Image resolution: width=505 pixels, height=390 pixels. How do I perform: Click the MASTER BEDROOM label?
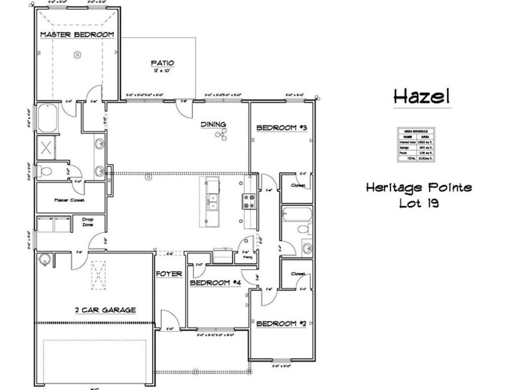(76, 35)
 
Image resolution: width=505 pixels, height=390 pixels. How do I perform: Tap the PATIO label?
(162, 63)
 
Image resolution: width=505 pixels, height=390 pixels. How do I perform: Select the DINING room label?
(213, 124)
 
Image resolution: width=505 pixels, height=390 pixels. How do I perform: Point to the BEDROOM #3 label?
(282, 128)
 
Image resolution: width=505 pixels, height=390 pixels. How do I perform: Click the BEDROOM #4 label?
(216, 283)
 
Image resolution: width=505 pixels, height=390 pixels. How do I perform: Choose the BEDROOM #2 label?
(282, 323)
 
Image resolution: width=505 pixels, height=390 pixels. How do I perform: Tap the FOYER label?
(169, 273)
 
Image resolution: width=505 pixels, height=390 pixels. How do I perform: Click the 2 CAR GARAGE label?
(105, 310)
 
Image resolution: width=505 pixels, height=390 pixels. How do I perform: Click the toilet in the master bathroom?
(46, 172)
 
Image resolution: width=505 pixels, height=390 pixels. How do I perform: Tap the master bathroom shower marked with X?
(48, 147)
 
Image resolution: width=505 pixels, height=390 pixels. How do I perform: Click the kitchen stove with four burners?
(247, 200)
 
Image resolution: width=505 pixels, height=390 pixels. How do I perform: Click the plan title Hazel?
(422, 96)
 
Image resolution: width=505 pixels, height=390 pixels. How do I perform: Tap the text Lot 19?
(419, 203)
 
